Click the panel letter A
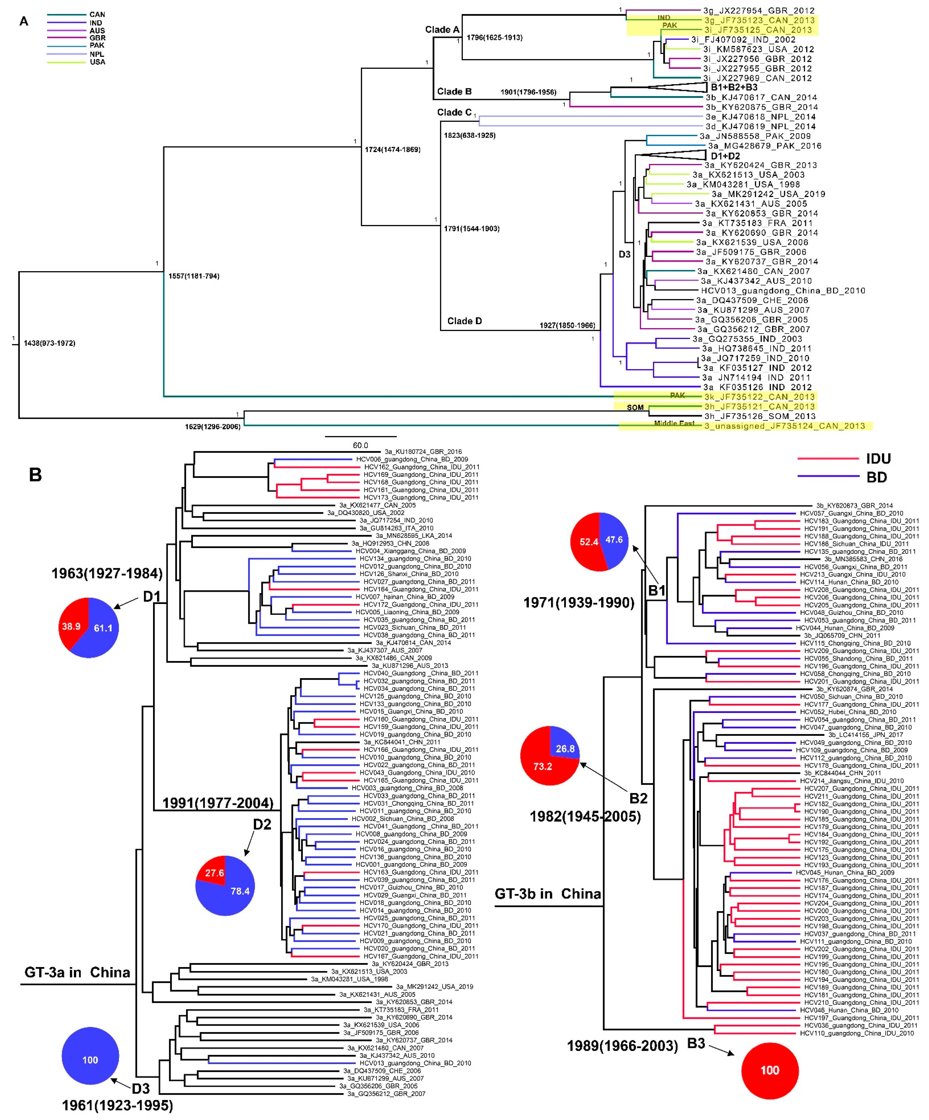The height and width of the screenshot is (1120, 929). tap(23, 21)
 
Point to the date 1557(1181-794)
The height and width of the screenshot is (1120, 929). tap(194, 276)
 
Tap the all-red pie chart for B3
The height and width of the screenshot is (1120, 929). tap(770, 1070)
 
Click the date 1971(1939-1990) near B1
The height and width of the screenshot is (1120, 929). tap(579, 603)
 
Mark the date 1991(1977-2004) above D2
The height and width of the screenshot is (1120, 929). tap(218, 803)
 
